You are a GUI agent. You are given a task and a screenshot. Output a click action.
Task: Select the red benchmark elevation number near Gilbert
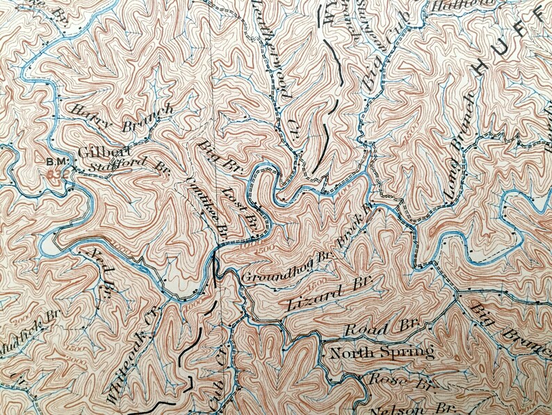(x=56, y=174)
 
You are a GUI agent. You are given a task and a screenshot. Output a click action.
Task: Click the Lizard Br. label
(x=329, y=295)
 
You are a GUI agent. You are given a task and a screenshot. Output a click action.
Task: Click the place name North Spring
(x=382, y=352)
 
